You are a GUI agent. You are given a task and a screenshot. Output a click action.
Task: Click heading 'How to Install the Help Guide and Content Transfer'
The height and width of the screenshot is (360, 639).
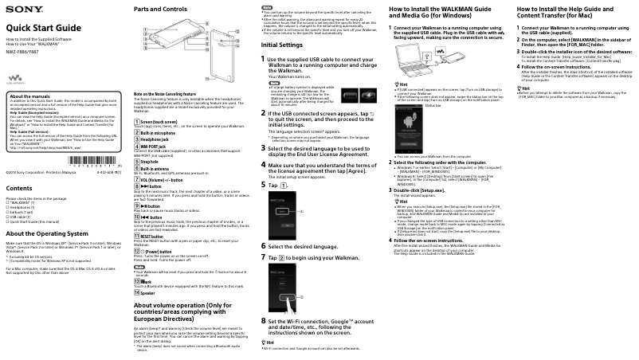[570, 12]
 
